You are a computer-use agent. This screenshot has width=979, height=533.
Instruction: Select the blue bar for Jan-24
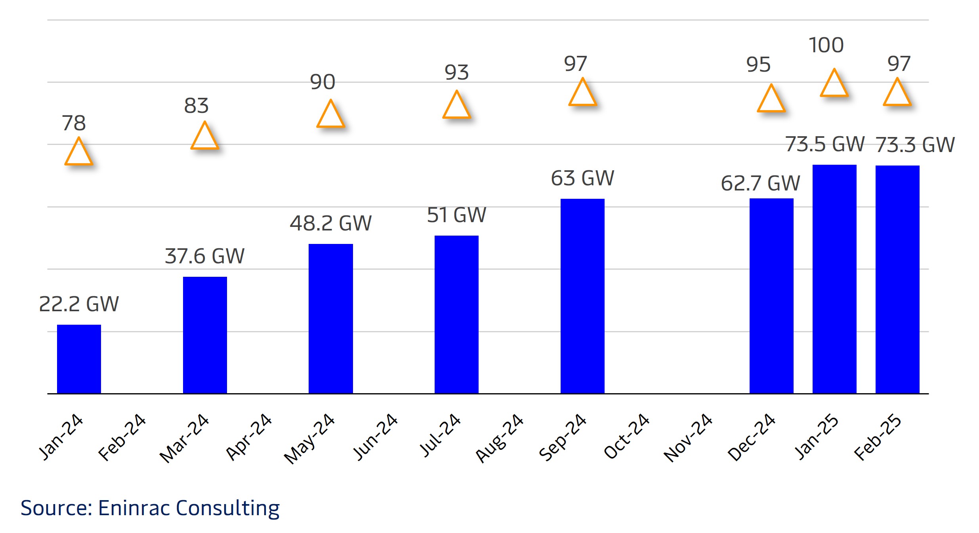tap(79, 359)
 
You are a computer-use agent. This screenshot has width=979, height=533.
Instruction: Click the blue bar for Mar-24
tap(205, 335)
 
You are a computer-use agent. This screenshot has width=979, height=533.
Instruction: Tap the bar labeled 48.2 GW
tap(330, 318)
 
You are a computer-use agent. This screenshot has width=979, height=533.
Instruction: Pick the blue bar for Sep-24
tap(582, 296)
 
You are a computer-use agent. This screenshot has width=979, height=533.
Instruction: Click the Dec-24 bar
tap(771, 296)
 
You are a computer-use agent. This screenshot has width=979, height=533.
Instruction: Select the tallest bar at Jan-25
tap(834, 279)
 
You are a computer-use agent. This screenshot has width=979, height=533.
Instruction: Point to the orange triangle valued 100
tap(834, 84)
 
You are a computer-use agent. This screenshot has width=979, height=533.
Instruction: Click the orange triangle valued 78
tap(78, 153)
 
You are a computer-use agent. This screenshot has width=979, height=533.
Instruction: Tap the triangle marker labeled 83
tap(204, 137)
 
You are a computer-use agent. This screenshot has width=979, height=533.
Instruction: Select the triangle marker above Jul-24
tap(456, 106)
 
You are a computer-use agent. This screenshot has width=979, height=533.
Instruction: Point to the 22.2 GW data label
tap(79, 304)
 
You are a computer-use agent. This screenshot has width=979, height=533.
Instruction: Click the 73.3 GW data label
tap(915, 145)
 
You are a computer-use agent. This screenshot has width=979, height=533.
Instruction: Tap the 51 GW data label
tap(456, 215)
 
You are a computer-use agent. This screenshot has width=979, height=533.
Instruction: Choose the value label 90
tap(323, 82)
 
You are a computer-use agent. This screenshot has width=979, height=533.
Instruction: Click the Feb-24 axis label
tap(122, 437)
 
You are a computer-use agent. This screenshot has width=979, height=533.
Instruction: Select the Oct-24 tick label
tap(626, 436)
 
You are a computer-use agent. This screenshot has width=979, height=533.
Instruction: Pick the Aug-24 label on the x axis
tap(500, 438)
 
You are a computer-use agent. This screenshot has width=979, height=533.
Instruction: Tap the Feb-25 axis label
tap(878, 437)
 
